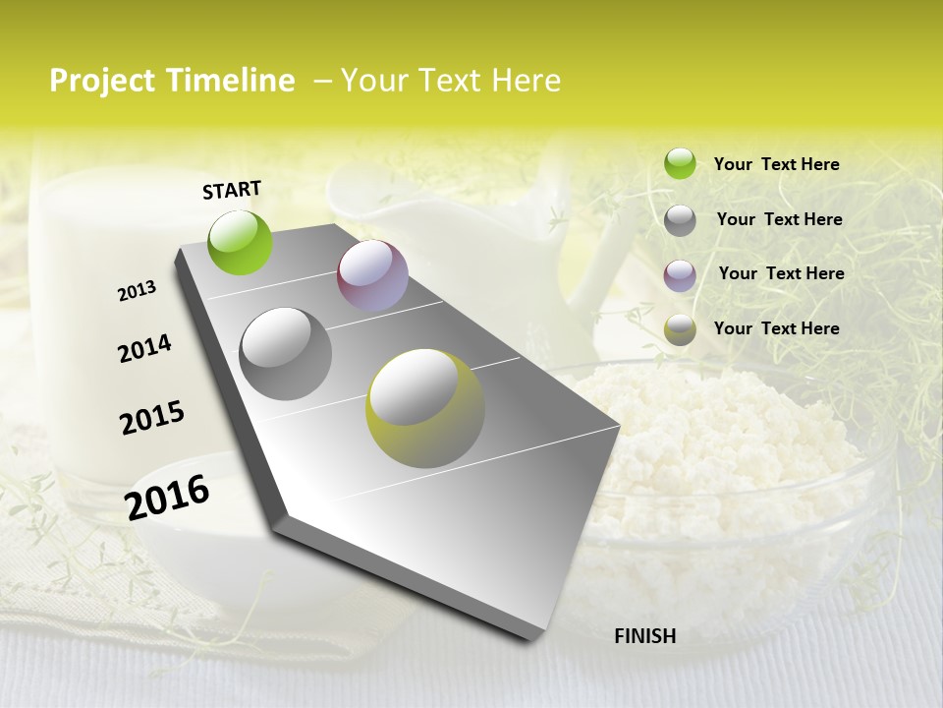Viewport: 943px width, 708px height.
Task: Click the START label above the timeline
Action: click(x=232, y=190)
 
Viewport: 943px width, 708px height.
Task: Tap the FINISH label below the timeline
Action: click(x=644, y=636)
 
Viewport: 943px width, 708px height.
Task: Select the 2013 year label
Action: click(x=137, y=291)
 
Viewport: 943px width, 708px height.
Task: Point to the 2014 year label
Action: click(x=144, y=349)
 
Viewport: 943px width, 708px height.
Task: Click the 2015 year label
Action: click(x=152, y=418)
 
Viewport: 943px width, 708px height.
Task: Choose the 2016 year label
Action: click(x=167, y=497)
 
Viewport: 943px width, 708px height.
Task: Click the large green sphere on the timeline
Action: click(x=241, y=242)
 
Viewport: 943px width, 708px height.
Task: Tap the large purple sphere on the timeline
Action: click(x=372, y=275)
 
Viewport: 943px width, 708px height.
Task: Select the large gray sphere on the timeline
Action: click(x=286, y=354)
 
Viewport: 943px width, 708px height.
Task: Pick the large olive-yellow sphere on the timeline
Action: click(x=425, y=407)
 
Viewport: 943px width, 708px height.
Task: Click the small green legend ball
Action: click(x=680, y=164)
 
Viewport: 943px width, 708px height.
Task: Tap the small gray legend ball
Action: click(x=680, y=220)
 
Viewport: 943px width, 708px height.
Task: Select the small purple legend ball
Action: click(x=680, y=275)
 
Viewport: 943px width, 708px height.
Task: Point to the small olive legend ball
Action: click(x=680, y=329)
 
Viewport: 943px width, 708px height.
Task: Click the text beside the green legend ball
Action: click(x=776, y=164)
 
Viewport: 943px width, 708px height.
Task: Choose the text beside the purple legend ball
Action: click(x=781, y=273)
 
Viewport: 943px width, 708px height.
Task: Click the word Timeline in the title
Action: click(x=231, y=81)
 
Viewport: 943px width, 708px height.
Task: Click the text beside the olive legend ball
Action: click(x=776, y=328)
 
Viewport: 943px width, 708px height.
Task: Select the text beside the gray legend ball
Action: click(x=779, y=219)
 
